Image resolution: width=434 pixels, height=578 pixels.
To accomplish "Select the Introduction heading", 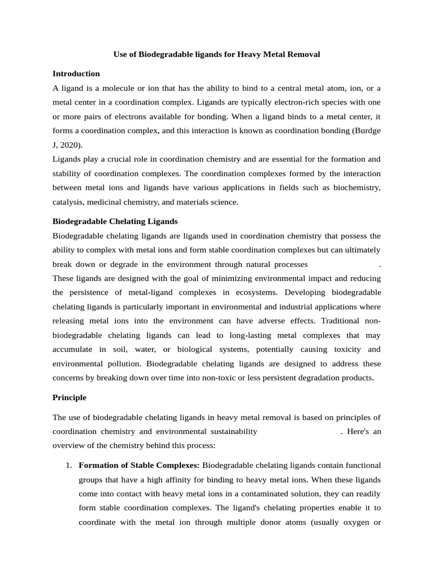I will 76,73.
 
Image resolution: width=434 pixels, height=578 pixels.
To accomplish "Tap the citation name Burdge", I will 368,130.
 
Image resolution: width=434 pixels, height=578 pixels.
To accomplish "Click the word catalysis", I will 67,202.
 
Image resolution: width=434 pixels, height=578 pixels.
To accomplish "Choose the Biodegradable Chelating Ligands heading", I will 115,221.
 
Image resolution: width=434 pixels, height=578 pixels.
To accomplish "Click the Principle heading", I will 70,397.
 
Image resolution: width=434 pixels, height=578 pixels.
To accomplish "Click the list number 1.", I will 68,465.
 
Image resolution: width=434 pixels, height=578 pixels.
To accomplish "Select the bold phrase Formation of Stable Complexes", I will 139,465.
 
